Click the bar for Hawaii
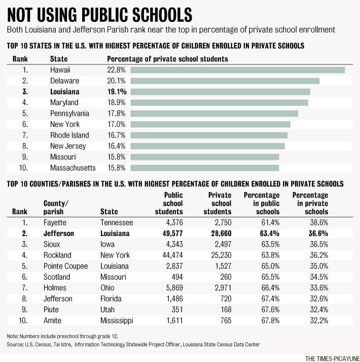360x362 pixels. tap(237, 70)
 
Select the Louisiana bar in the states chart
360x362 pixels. tap(220, 92)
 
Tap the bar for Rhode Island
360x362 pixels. tap(209, 135)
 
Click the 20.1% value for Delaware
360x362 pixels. tap(116, 81)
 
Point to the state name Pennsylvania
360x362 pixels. tap(69, 114)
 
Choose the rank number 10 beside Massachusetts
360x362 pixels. tap(23, 168)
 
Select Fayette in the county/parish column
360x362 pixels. tap(55, 222)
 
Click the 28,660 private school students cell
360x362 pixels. tap(221, 234)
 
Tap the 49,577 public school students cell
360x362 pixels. tap(172, 234)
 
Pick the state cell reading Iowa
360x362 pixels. tap(107, 244)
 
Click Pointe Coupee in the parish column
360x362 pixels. tap(66, 266)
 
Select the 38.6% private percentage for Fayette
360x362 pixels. tap(319, 222)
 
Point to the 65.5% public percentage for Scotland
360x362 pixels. tap(270, 277)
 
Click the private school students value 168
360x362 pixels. tap(226, 310)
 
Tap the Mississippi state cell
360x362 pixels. tap(117, 321)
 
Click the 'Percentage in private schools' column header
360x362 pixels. tap(310, 204)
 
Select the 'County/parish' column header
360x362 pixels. tap(56, 207)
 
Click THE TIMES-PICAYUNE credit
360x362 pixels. tap(333, 358)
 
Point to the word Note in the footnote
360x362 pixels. tap(12, 336)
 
